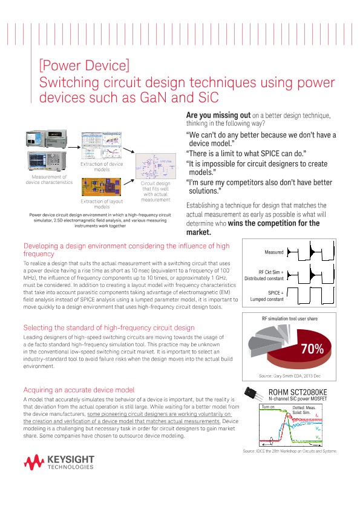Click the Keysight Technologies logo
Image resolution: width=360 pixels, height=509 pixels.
click(59, 464)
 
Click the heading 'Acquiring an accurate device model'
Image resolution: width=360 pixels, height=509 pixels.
click(78, 390)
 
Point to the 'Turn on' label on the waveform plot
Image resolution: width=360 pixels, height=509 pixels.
click(268, 407)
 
